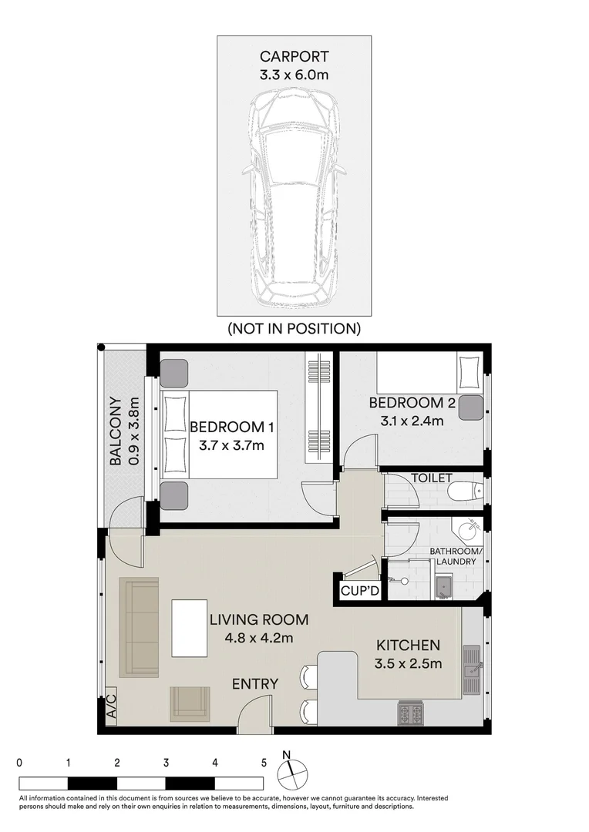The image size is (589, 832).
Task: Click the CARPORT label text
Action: point(294,56)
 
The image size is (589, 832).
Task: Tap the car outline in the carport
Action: point(294,197)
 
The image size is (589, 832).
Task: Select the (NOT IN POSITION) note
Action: point(294,329)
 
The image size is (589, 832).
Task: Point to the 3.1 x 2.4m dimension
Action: point(412,421)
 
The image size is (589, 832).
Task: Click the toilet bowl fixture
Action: point(465,491)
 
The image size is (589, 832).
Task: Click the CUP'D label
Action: point(359,591)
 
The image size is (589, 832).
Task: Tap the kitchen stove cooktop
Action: point(411,713)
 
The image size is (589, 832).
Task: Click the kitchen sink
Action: point(471,670)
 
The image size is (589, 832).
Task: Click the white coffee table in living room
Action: point(190,628)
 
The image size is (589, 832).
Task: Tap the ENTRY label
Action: point(255,684)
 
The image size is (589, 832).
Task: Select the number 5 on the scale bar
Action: point(264,763)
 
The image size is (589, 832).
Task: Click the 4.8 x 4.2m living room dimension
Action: point(258,638)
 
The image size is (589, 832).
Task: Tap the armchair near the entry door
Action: point(190,703)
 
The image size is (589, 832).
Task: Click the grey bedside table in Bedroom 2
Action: point(471,408)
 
